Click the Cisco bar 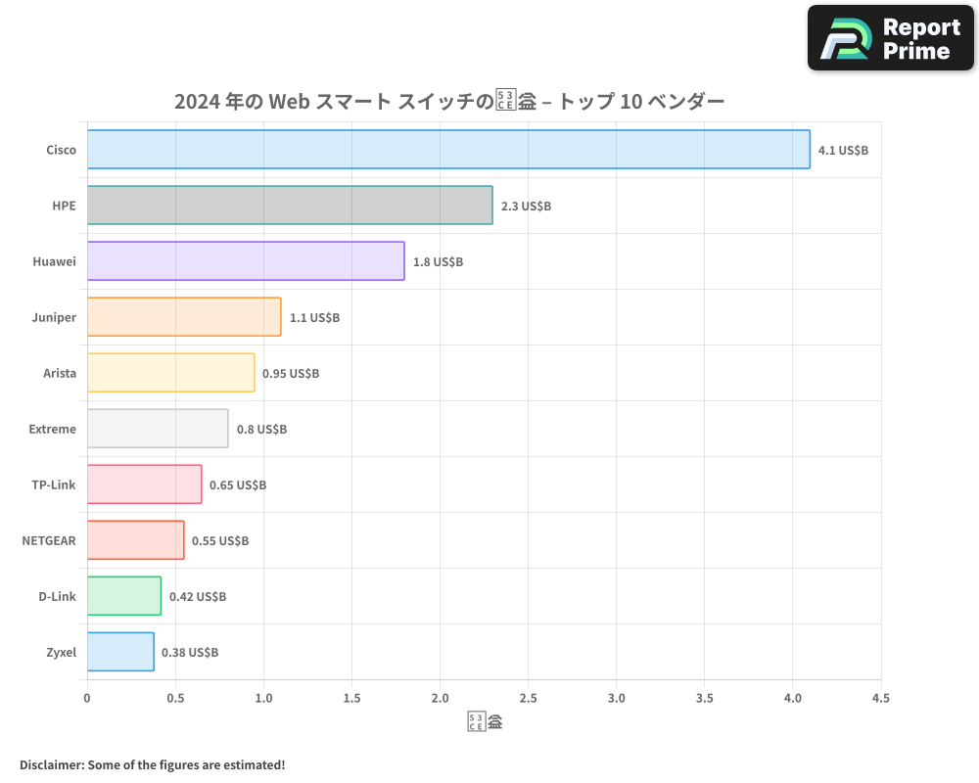(x=448, y=150)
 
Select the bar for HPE (x=290, y=206)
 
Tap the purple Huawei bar (x=246, y=261)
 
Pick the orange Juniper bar (x=184, y=317)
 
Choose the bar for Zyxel (x=120, y=652)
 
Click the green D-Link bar (x=124, y=596)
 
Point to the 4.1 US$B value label (x=843, y=151)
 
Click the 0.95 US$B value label (x=291, y=374)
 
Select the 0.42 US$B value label (x=198, y=597)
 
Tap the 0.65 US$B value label (x=238, y=485)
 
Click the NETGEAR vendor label (x=49, y=540)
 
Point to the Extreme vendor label (x=52, y=429)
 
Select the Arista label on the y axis (x=60, y=373)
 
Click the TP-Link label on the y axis (x=54, y=484)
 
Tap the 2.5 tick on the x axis (x=528, y=699)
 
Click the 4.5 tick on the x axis (x=880, y=699)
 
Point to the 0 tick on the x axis (x=87, y=699)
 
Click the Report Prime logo (x=891, y=38)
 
